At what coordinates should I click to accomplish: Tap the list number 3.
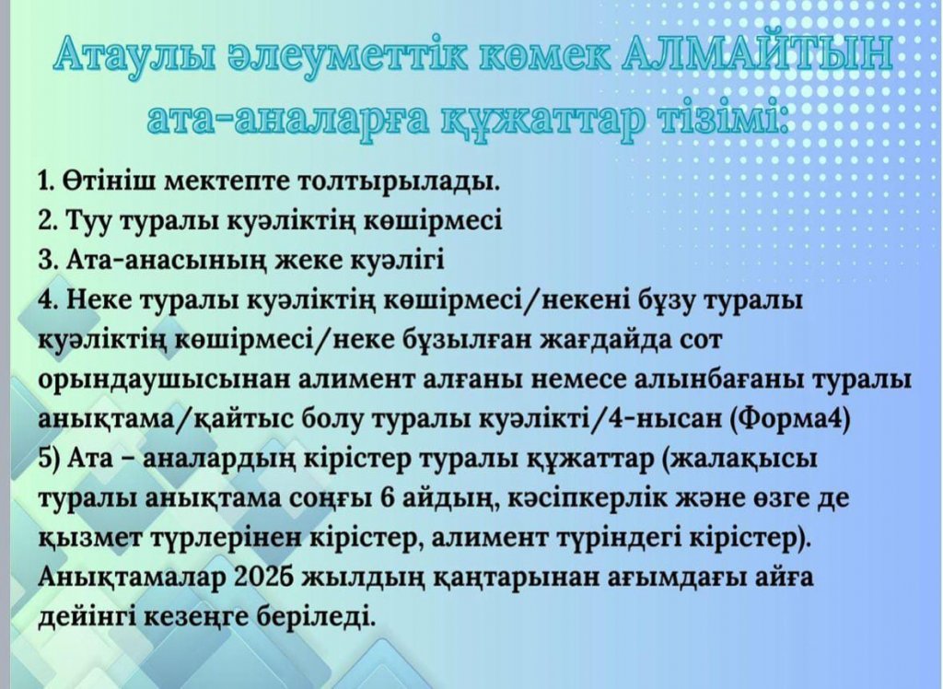tap(47, 261)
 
